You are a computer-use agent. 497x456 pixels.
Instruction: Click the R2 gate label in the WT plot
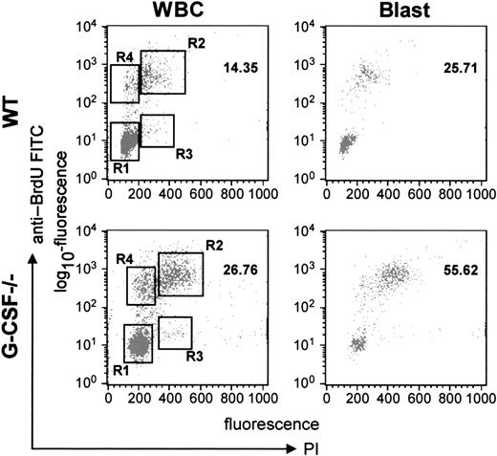tap(197, 42)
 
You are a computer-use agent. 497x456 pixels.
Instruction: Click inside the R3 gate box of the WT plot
tap(157, 130)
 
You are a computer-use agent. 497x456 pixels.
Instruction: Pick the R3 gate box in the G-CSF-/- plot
tap(174, 333)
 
